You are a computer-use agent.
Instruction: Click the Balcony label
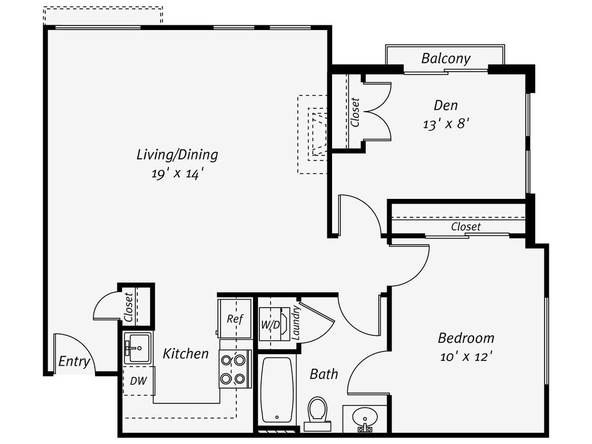click(x=445, y=58)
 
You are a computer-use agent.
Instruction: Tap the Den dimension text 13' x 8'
click(x=445, y=124)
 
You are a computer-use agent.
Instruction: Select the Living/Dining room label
click(x=177, y=155)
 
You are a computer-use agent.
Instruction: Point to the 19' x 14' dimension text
click(x=177, y=174)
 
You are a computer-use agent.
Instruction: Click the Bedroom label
click(x=466, y=338)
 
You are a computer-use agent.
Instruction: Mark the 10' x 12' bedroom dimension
click(x=466, y=357)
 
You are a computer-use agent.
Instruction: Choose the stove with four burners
click(x=234, y=369)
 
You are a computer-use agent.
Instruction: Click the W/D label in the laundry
click(x=270, y=325)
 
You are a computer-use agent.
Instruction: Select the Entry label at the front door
click(x=74, y=361)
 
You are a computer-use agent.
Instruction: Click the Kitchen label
click(x=185, y=354)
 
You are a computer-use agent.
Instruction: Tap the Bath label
click(x=324, y=374)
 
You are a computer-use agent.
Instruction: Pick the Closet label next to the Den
click(x=355, y=112)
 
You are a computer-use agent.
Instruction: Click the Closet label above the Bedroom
click(x=466, y=227)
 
